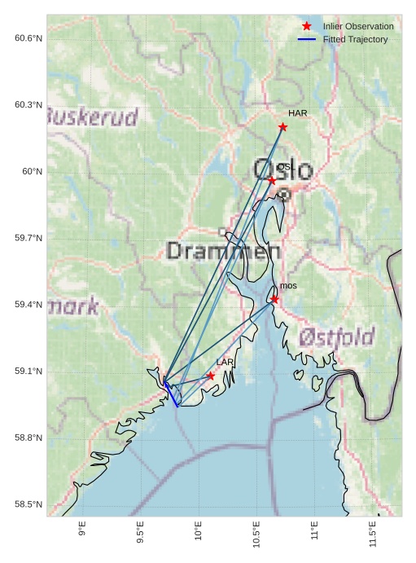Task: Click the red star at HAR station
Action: (282, 127)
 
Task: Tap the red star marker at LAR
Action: (211, 376)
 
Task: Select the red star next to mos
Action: (275, 299)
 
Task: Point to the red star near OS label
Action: (272, 180)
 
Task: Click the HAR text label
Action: (298, 113)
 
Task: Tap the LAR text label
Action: (226, 362)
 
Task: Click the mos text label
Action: (288, 286)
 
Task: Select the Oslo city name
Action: (282, 170)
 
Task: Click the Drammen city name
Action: (217, 251)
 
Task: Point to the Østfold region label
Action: (336, 336)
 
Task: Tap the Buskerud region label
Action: (91, 117)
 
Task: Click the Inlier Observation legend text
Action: (357, 26)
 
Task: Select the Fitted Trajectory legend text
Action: (355, 39)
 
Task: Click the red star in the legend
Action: (307, 26)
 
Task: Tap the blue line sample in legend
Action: (307, 39)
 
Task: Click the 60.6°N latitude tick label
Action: (28, 38)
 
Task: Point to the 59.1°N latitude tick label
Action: (28, 372)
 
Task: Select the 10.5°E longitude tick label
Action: (256, 533)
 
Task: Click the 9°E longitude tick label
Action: (82, 530)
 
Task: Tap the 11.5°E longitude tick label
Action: (373, 533)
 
